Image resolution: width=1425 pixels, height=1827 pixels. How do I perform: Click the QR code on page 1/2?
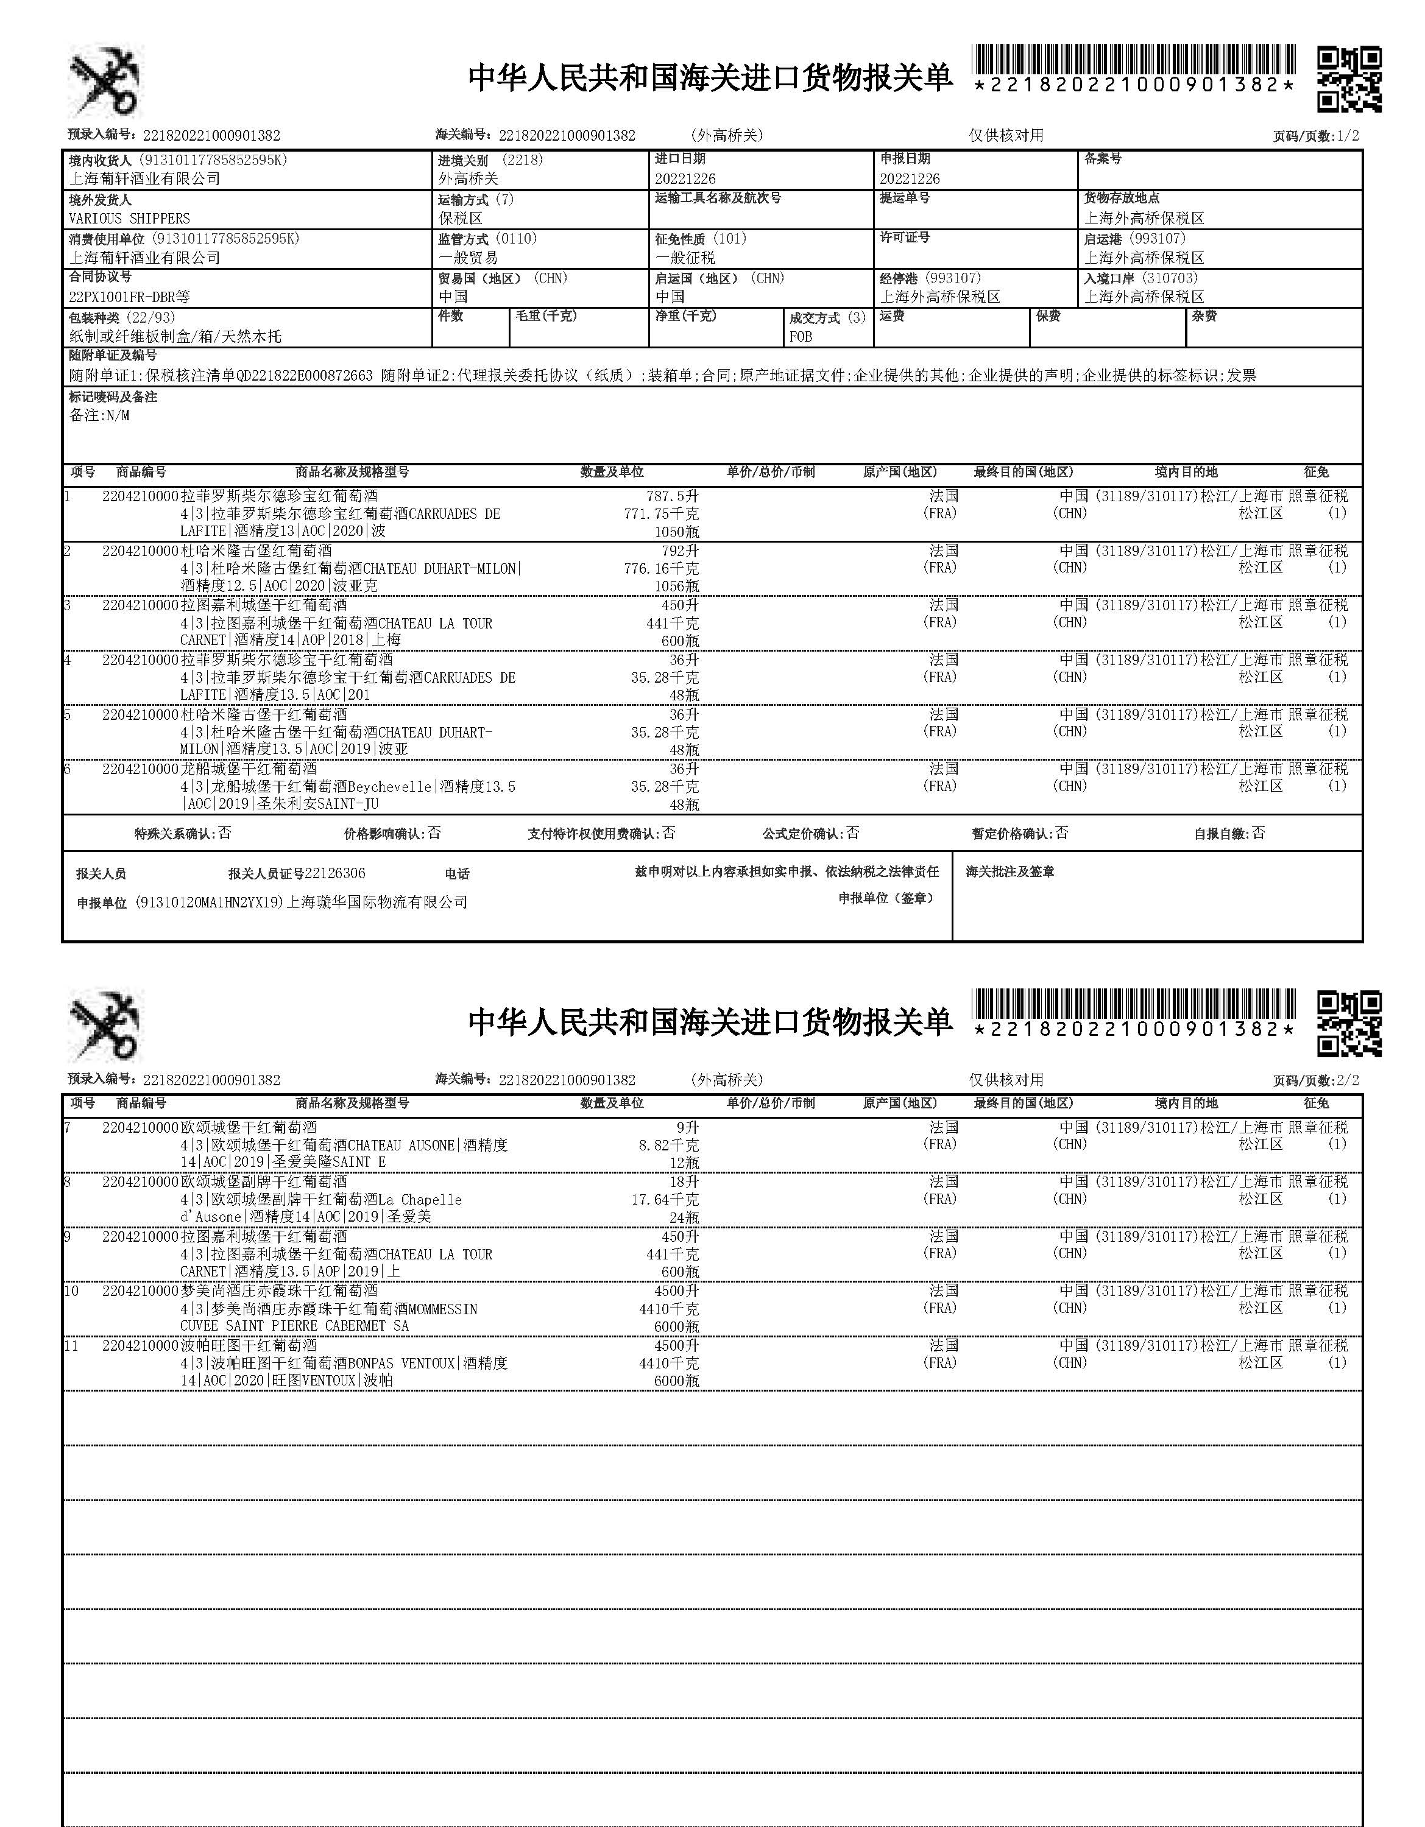(1348, 79)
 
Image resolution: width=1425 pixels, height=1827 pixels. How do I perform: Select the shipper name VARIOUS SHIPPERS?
(129, 219)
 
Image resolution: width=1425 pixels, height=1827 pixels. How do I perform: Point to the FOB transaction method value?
(801, 336)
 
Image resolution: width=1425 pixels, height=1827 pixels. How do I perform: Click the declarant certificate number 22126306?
(334, 873)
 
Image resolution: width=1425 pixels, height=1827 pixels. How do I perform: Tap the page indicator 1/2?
(1348, 136)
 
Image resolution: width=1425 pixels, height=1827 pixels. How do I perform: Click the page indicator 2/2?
(1348, 1080)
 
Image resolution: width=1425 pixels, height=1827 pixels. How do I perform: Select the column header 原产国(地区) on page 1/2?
(899, 473)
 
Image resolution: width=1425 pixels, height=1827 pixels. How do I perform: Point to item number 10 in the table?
(71, 1292)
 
